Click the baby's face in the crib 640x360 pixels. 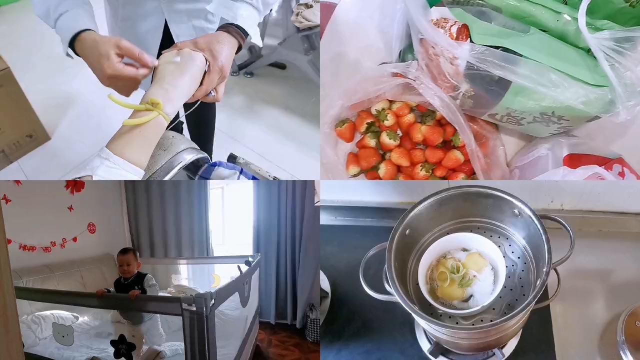(x=128, y=262)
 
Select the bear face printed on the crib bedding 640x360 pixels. (x=63, y=333)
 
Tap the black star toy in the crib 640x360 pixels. (x=122, y=346)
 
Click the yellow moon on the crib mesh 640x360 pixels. (x=215, y=280)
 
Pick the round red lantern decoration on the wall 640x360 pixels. (x=91, y=228)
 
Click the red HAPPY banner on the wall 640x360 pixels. (x=42, y=246)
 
